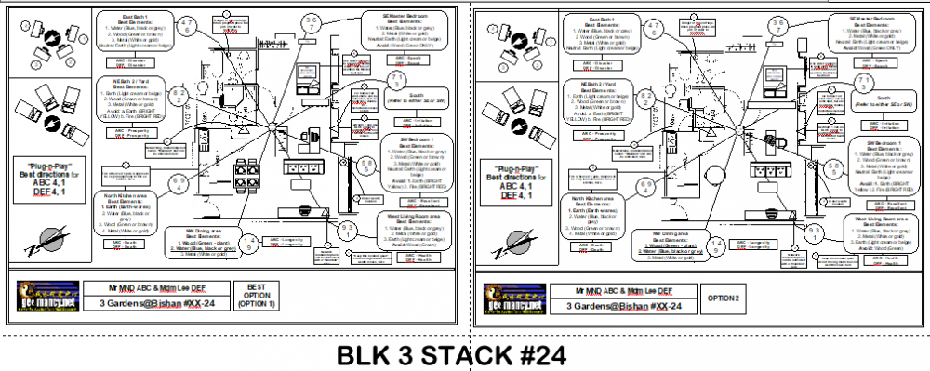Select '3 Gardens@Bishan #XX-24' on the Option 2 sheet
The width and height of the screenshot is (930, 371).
coord(620,305)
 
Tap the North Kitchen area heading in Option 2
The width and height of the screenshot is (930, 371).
coord(599,196)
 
